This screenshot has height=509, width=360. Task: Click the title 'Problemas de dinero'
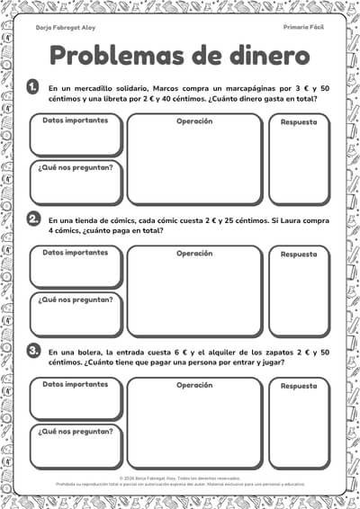pyautogui.click(x=179, y=56)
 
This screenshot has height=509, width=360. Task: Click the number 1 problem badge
pyautogui.click(x=33, y=87)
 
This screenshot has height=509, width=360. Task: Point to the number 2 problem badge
pyautogui.click(x=33, y=219)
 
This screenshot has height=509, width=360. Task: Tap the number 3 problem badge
pyautogui.click(x=33, y=350)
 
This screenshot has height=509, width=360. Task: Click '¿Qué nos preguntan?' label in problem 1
pyautogui.click(x=76, y=167)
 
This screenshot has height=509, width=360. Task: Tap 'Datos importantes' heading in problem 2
pyautogui.click(x=75, y=253)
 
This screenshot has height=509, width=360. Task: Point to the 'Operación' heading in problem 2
pyautogui.click(x=194, y=253)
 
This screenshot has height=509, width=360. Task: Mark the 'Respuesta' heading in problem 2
pyautogui.click(x=299, y=254)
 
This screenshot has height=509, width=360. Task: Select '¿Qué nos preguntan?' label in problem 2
pyautogui.click(x=76, y=299)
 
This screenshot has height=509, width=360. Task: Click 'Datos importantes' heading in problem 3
pyautogui.click(x=75, y=384)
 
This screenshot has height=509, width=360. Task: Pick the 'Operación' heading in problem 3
pyautogui.click(x=194, y=384)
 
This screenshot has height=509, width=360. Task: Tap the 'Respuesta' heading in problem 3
pyautogui.click(x=299, y=385)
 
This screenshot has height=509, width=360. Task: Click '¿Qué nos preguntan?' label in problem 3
pyautogui.click(x=76, y=431)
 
